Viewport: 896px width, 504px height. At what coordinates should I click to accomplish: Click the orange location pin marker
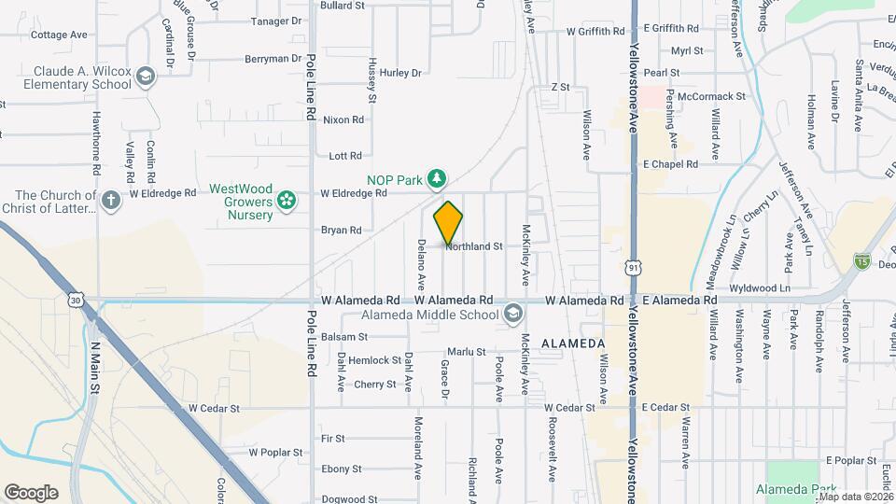(x=449, y=223)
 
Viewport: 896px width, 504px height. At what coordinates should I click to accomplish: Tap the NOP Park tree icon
(x=436, y=177)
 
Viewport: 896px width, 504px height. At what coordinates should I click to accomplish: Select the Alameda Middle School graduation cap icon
(x=511, y=315)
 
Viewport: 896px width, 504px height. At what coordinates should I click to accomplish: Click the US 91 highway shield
(x=634, y=268)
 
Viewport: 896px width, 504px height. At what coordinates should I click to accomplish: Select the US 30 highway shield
(x=77, y=299)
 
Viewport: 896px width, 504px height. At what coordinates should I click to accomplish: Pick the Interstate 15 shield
(x=861, y=264)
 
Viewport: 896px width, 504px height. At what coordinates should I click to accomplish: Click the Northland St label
(x=474, y=247)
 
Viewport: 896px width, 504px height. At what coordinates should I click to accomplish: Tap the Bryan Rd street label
(x=341, y=230)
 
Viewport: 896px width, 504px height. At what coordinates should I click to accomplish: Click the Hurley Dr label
(x=401, y=73)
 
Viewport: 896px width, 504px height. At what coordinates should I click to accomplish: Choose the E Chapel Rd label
(x=670, y=164)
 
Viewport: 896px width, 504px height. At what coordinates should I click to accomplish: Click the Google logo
(x=31, y=493)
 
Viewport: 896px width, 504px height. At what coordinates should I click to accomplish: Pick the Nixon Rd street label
(x=343, y=119)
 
